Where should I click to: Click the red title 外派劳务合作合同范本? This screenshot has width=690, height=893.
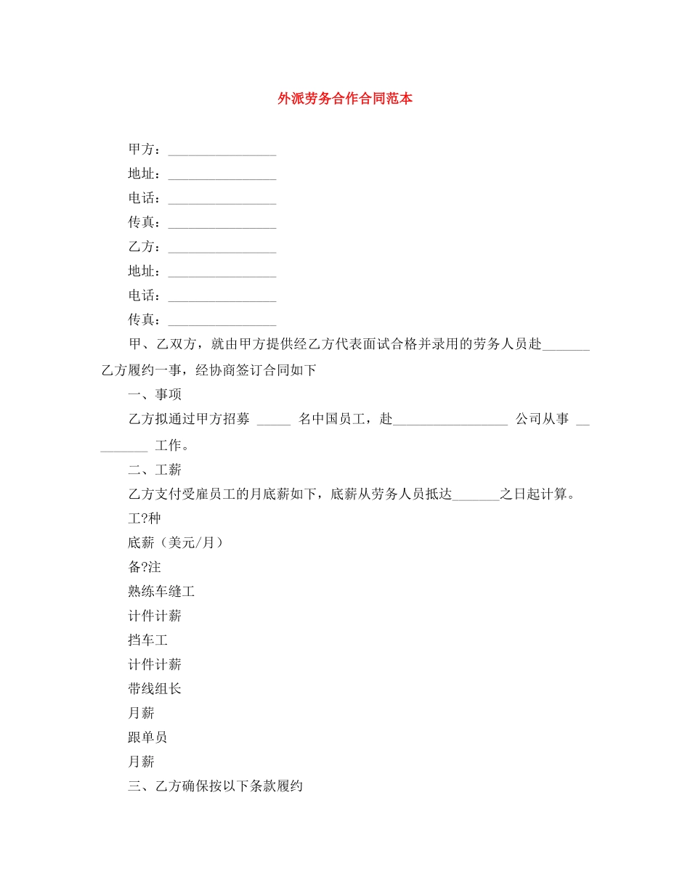pos(345,99)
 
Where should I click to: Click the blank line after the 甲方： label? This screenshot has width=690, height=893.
pos(222,151)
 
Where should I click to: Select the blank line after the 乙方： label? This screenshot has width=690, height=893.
pos(222,248)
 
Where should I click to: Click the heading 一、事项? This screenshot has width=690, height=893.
pos(155,394)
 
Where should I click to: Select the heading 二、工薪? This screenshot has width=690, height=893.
pos(155,470)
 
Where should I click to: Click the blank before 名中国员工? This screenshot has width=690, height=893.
pos(274,420)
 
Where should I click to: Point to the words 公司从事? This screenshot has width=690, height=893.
pos(542,419)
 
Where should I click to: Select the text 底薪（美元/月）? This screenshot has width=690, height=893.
pos(175,542)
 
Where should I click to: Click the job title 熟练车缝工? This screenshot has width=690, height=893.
pos(161,591)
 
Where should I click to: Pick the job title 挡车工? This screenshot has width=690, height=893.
pos(148,640)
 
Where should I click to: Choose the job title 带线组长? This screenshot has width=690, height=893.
pos(155,688)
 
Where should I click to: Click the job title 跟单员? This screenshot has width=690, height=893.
pos(148,737)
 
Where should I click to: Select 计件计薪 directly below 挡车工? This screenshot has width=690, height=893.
pos(155,664)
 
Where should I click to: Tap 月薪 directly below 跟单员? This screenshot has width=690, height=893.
pos(141,762)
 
